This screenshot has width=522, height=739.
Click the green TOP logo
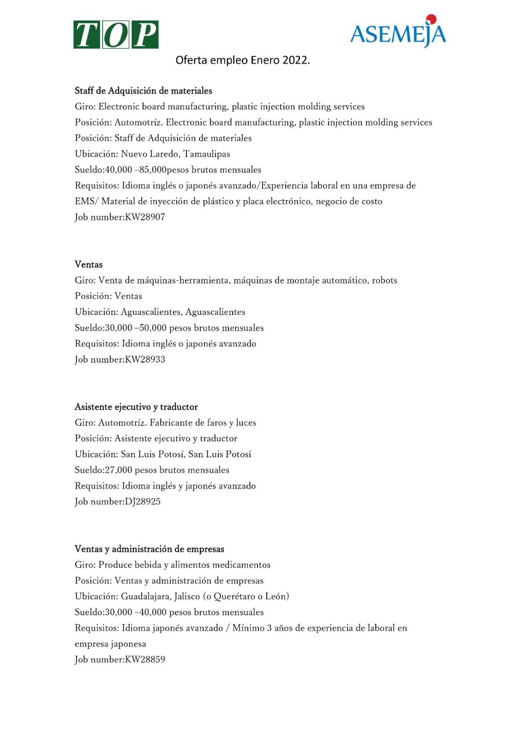116,35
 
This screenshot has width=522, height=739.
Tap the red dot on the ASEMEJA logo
431,19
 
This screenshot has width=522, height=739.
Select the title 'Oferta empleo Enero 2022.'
242,61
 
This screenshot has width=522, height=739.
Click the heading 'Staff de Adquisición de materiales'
143,91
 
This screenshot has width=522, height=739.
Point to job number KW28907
145,217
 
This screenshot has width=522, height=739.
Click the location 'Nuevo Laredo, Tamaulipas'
175,154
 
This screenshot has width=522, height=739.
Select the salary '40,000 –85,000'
136,170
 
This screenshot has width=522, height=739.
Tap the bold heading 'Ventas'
89,264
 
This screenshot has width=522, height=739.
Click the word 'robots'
384,280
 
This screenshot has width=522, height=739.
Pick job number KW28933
145,359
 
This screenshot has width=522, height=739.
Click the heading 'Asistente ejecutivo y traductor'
136,407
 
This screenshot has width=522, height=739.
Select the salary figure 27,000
119,470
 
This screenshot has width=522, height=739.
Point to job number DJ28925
143,502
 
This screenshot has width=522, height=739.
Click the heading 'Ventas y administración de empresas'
150,549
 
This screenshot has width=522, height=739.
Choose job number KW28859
145,660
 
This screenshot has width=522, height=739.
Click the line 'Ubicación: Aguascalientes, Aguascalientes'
160,312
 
